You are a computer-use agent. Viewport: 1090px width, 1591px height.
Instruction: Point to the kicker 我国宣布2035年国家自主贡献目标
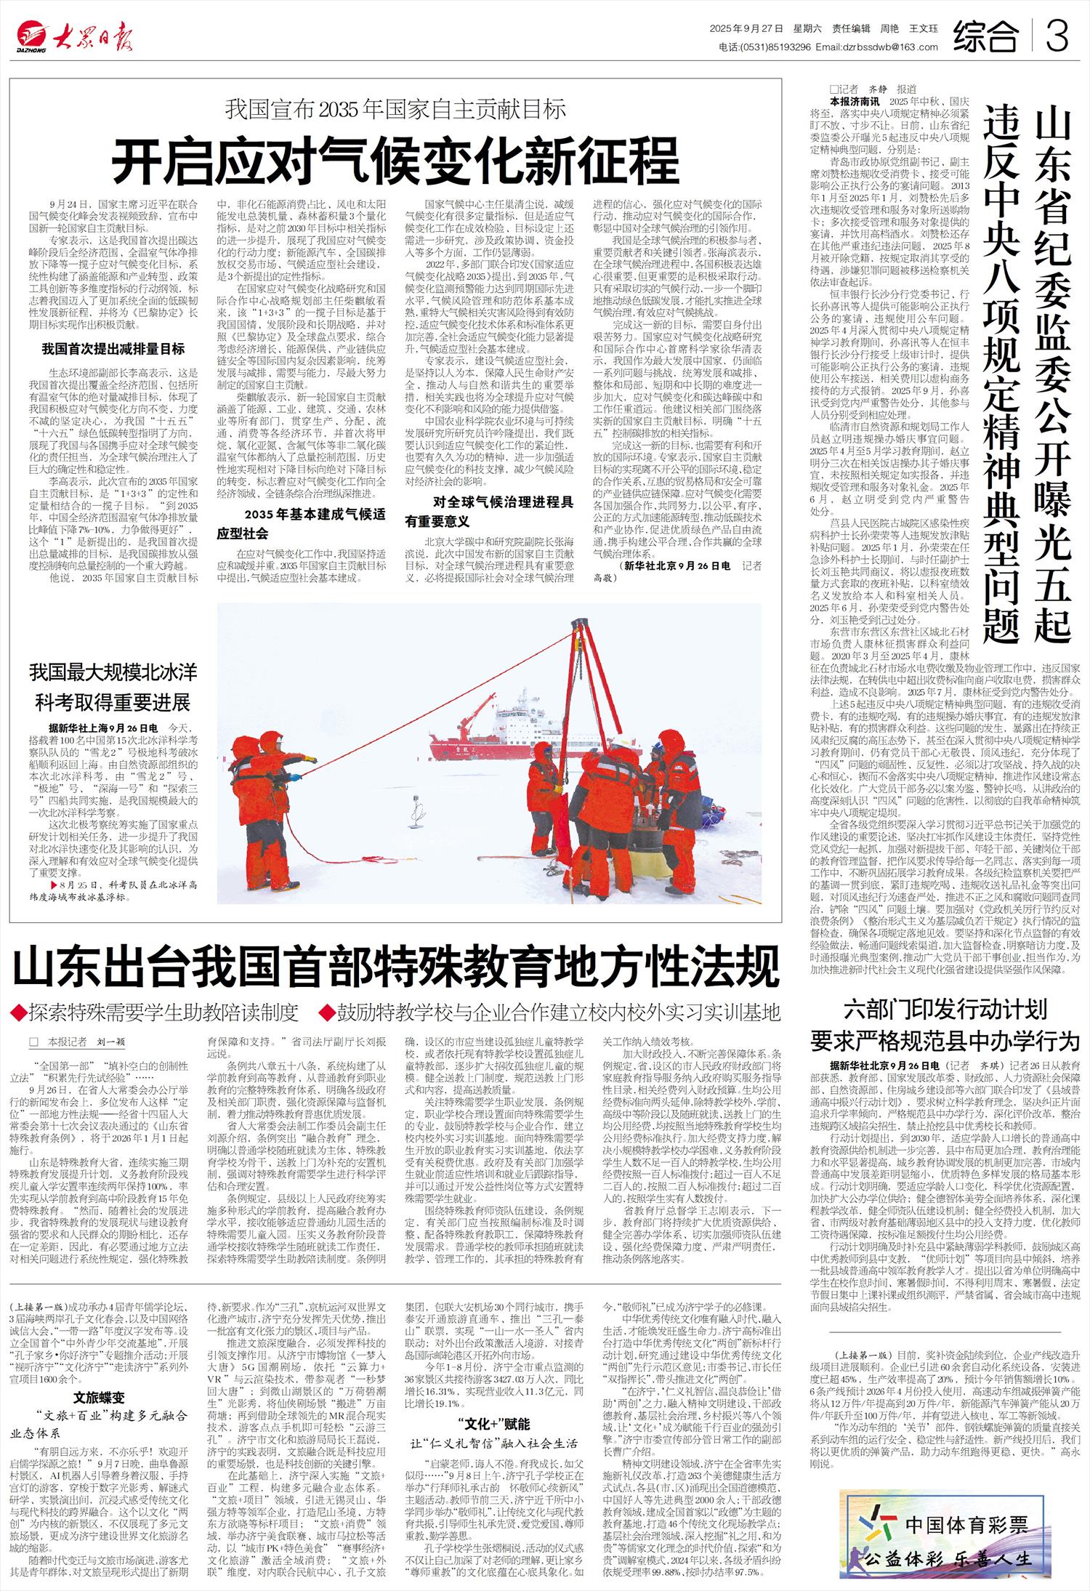395,110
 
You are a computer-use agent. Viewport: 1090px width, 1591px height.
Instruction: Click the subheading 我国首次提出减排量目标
113,349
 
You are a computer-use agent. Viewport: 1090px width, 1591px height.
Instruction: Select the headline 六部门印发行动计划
945,1009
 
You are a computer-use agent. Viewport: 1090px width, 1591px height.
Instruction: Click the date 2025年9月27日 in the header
746,29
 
